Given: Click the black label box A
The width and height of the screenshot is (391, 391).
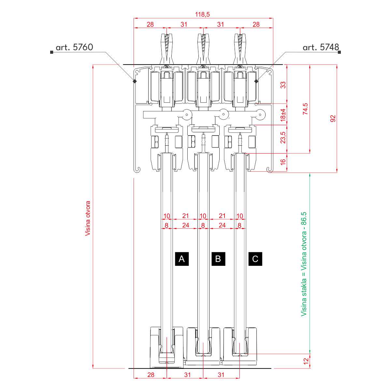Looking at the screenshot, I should pyautogui.click(x=182, y=259).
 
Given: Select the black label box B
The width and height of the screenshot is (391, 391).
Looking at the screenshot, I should pyautogui.click(x=218, y=259).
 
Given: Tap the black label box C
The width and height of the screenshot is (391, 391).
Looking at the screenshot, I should pyautogui.click(x=255, y=259).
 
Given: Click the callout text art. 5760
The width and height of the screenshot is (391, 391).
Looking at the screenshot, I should pyautogui.click(x=74, y=47).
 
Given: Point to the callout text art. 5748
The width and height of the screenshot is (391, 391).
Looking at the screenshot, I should pyautogui.click(x=321, y=47).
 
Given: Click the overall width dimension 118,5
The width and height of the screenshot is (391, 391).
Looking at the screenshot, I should pyautogui.click(x=202, y=14).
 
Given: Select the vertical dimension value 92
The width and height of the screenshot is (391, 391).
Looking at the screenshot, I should pyautogui.click(x=333, y=118).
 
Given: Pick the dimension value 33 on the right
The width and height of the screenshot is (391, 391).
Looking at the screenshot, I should pyautogui.click(x=283, y=85).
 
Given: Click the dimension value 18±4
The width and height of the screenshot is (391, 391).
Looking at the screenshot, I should pyautogui.click(x=283, y=114).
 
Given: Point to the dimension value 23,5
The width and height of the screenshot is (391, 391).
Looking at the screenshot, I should pyautogui.click(x=283, y=138).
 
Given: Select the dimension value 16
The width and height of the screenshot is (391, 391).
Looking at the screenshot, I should pyautogui.click(x=283, y=161).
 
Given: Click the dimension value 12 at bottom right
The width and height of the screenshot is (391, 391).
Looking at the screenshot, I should pyautogui.click(x=305, y=361).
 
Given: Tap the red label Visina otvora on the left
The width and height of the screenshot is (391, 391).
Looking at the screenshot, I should pyautogui.click(x=88, y=218).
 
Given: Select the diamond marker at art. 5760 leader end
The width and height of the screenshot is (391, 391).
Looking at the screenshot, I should pyautogui.click(x=135, y=81).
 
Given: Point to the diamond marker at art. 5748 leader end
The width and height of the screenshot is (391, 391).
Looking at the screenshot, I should pyautogui.click(x=256, y=81).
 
